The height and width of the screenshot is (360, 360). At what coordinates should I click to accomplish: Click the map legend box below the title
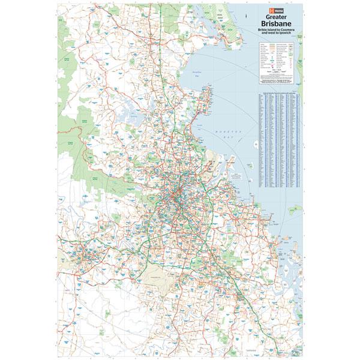pos(278,63)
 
